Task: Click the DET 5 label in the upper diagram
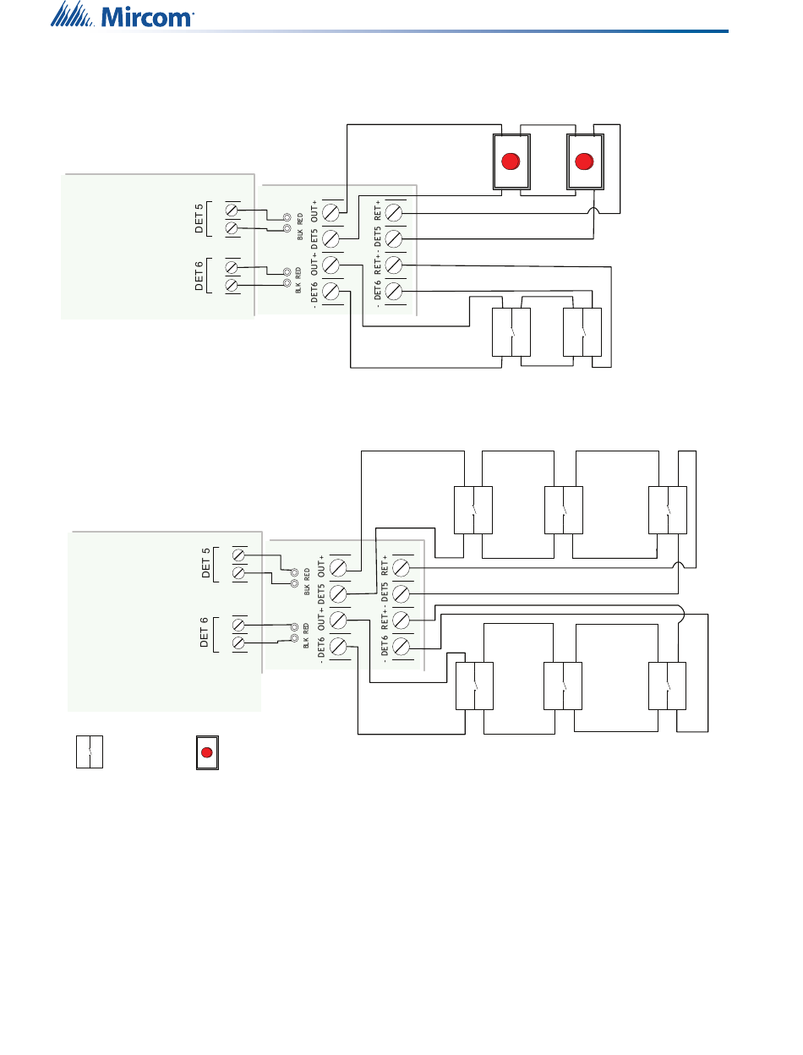click(200, 218)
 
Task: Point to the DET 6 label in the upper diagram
click(200, 276)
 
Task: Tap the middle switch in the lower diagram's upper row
click(564, 510)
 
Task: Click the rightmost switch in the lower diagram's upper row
click(667, 510)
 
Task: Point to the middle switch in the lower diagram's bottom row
click(564, 686)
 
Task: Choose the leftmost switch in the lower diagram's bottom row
click(474, 686)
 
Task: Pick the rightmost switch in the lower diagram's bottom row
click(667, 686)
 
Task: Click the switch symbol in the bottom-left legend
click(89, 752)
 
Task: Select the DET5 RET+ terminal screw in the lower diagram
click(401, 568)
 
